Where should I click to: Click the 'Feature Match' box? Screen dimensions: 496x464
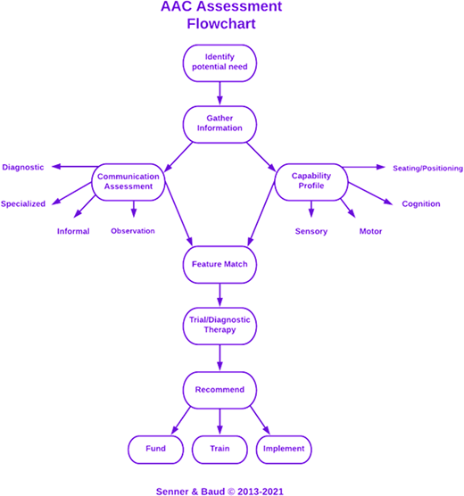(x=220, y=265)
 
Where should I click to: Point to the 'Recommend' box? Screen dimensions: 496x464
(x=220, y=390)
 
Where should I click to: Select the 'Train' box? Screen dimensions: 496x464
(x=220, y=448)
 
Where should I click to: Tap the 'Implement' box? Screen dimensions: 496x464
(x=283, y=448)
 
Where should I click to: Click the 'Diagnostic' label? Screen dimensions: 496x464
(x=23, y=167)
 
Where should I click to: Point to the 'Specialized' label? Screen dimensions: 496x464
(x=23, y=203)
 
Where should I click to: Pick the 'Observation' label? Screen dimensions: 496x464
(x=132, y=231)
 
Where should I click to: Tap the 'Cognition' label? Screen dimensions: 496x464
(x=421, y=203)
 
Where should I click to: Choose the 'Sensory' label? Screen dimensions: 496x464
(x=311, y=231)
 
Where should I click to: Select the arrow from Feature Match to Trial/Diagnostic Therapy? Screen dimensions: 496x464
(x=220, y=295)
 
